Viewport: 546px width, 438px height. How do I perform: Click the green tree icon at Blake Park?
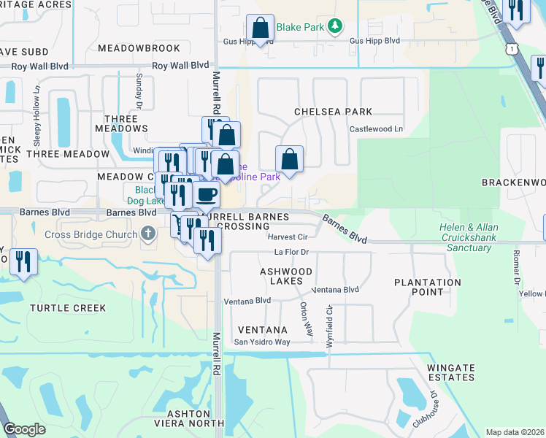click(334, 27)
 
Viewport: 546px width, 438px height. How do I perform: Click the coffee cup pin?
click(207, 196)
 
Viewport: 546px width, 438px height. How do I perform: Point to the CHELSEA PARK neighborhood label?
click(333, 112)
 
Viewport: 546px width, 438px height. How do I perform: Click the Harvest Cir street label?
click(287, 237)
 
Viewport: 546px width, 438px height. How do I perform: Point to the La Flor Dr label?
click(292, 253)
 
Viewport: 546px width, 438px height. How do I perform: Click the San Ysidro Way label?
click(261, 342)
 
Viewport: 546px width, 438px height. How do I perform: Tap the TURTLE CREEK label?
click(69, 308)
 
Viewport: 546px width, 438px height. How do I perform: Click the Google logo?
click(24, 429)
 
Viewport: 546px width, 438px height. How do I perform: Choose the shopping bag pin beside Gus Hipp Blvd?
click(261, 28)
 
